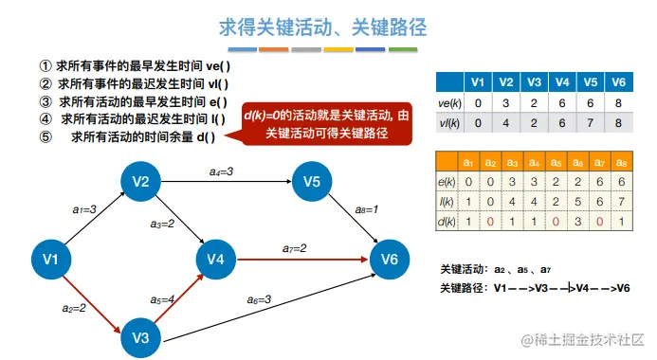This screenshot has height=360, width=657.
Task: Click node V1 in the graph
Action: coord(51,260)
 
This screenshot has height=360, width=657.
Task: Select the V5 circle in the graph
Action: coord(312,181)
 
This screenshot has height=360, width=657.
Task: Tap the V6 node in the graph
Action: coord(390,260)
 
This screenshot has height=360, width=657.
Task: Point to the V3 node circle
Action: coord(140,337)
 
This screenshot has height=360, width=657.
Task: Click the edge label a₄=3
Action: coord(221,171)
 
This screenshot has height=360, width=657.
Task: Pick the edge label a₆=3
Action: coord(259,299)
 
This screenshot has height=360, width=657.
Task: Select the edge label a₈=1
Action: coord(367,209)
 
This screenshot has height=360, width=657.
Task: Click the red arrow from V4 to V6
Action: coord(302,260)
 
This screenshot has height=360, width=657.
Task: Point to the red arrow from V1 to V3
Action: coord(92,304)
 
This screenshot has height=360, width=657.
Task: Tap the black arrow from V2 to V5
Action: coord(227,181)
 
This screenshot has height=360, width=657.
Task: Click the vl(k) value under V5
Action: coord(590,123)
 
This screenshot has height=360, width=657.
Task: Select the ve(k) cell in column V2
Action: coord(505,103)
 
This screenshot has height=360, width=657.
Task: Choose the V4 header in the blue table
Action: coord(562,82)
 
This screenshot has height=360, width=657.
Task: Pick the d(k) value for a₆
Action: coord(577,221)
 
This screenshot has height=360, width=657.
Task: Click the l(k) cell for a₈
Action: coord(621,202)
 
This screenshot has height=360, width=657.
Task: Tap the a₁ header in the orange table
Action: coord(468,162)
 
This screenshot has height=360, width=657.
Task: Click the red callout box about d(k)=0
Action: coord(326,124)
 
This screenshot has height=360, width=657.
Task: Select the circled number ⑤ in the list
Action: coord(46,136)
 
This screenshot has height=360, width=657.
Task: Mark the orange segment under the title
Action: coord(274,49)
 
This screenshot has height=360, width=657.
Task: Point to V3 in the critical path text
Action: coord(541,288)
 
